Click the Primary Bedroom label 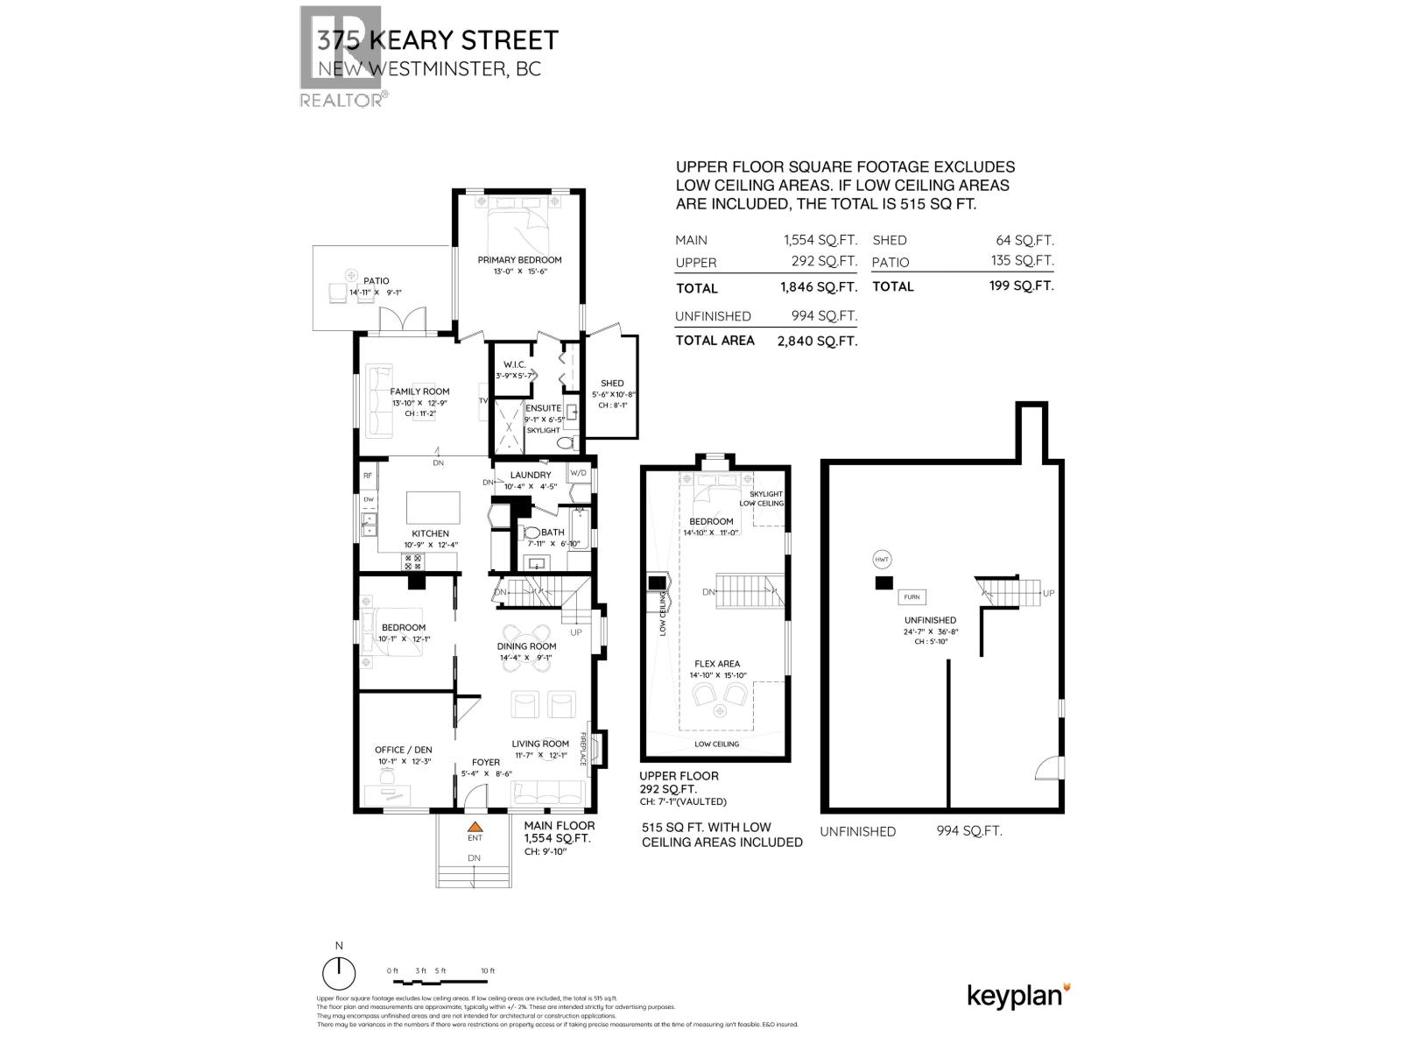tap(519, 260)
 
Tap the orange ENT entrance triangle tap(475, 826)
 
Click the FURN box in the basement tap(912, 597)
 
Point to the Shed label tap(612, 384)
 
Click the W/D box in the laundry tap(579, 473)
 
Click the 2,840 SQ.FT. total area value tap(817, 342)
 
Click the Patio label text tap(376, 281)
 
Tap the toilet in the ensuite tap(567, 443)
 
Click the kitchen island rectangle tap(433, 508)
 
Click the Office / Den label tap(403, 750)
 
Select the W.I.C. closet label tap(513, 364)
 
